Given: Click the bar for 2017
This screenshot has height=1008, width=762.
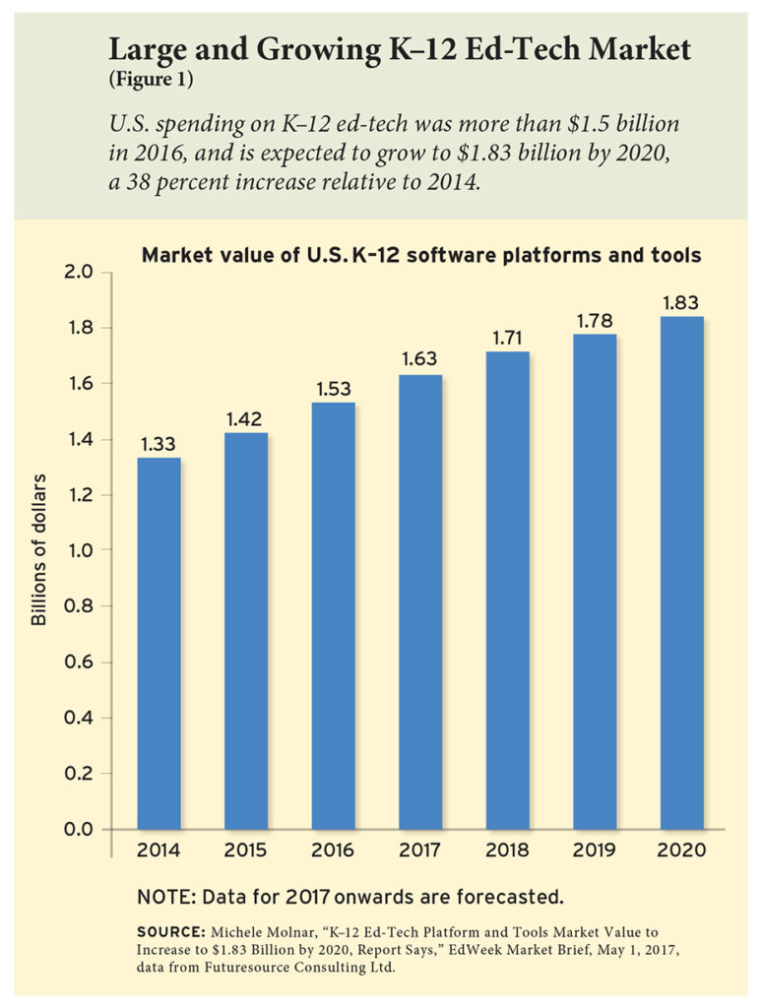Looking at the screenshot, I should pyautogui.click(x=419, y=601).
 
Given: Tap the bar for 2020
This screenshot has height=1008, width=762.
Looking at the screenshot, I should pyautogui.click(x=680, y=572).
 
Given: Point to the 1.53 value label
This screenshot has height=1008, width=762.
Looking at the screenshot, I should pyautogui.click(x=333, y=387).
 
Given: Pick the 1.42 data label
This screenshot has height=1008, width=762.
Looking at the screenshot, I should pyautogui.click(x=245, y=417).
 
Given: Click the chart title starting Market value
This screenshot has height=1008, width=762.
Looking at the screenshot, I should pyautogui.click(x=421, y=256).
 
